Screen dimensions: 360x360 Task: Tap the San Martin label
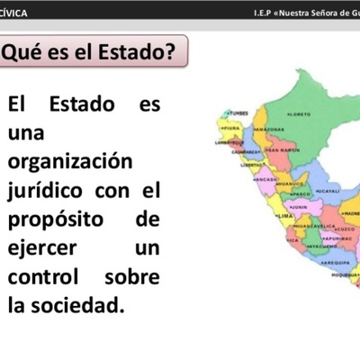coord(283,149)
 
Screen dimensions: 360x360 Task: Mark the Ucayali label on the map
coord(328,191)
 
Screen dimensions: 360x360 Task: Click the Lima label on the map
coord(285,217)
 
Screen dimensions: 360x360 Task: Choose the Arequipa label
coord(337,262)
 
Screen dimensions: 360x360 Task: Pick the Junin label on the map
coord(300,207)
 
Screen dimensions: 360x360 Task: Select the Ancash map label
coord(266,179)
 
